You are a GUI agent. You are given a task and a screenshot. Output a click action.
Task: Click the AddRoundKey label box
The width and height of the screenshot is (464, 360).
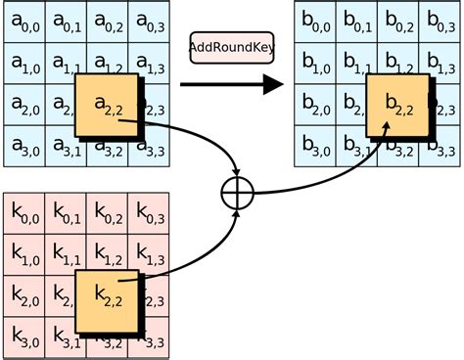(231, 47)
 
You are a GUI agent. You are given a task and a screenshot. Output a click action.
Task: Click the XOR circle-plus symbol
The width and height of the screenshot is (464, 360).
(236, 194)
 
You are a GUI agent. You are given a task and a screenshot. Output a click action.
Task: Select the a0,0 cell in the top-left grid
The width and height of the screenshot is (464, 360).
(23, 23)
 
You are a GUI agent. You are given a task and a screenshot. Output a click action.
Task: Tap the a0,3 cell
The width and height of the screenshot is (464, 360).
(148, 23)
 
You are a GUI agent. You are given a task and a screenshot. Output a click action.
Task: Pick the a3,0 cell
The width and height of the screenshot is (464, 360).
(23, 147)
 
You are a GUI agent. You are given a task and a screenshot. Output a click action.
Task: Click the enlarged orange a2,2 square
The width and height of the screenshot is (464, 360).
(108, 104)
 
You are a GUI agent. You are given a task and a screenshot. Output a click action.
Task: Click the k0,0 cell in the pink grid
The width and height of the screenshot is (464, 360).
(23, 214)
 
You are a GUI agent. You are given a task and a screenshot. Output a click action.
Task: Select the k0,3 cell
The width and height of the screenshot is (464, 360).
(148, 214)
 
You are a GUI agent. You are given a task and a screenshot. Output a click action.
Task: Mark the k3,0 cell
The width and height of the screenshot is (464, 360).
(23, 338)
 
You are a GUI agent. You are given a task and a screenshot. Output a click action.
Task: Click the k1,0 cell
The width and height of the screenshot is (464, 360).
(23, 255)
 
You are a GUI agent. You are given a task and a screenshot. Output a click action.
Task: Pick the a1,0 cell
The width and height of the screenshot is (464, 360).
(23, 65)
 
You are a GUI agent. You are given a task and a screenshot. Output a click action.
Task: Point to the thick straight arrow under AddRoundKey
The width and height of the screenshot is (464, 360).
(231, 85)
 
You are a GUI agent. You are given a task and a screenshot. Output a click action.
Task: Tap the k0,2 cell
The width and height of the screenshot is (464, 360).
(107, 214)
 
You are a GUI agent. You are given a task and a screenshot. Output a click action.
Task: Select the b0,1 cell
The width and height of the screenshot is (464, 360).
(357, 23)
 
